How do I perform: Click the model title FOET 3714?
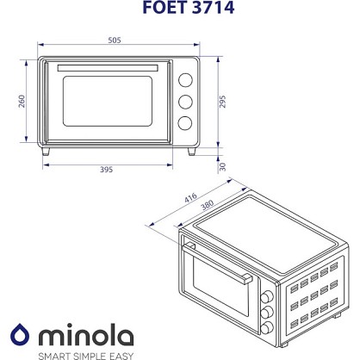click(189, 8)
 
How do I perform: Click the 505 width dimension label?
click(115, 40)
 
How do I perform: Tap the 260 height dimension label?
click(22, 102)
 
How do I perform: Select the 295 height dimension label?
click(222, 102)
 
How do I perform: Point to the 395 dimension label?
click(106, 170)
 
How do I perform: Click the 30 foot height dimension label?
click(222, 167)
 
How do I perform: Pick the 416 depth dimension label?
click(190, 198)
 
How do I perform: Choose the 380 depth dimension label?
click(207, 205)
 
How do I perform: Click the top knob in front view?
click(185, 80)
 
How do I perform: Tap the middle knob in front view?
click(185, 102)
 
